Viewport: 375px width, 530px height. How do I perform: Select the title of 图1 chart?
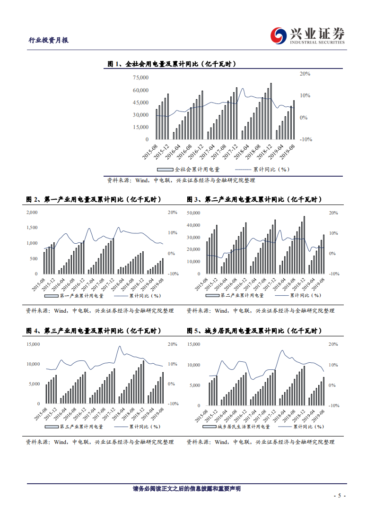[172, 64]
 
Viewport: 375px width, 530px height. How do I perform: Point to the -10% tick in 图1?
[305, 139]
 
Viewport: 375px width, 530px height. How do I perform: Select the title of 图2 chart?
[94, 200]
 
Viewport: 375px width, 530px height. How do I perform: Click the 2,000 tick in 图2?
[31, 213]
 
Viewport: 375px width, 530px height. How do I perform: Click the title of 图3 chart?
[254, 200]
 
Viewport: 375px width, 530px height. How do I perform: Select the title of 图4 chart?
[94, 331]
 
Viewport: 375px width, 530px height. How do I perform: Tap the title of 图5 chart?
[254, 331]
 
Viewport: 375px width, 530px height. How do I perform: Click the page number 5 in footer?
[340, 496]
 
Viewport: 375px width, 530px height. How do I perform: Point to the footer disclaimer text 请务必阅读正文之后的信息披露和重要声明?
[187, 489]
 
